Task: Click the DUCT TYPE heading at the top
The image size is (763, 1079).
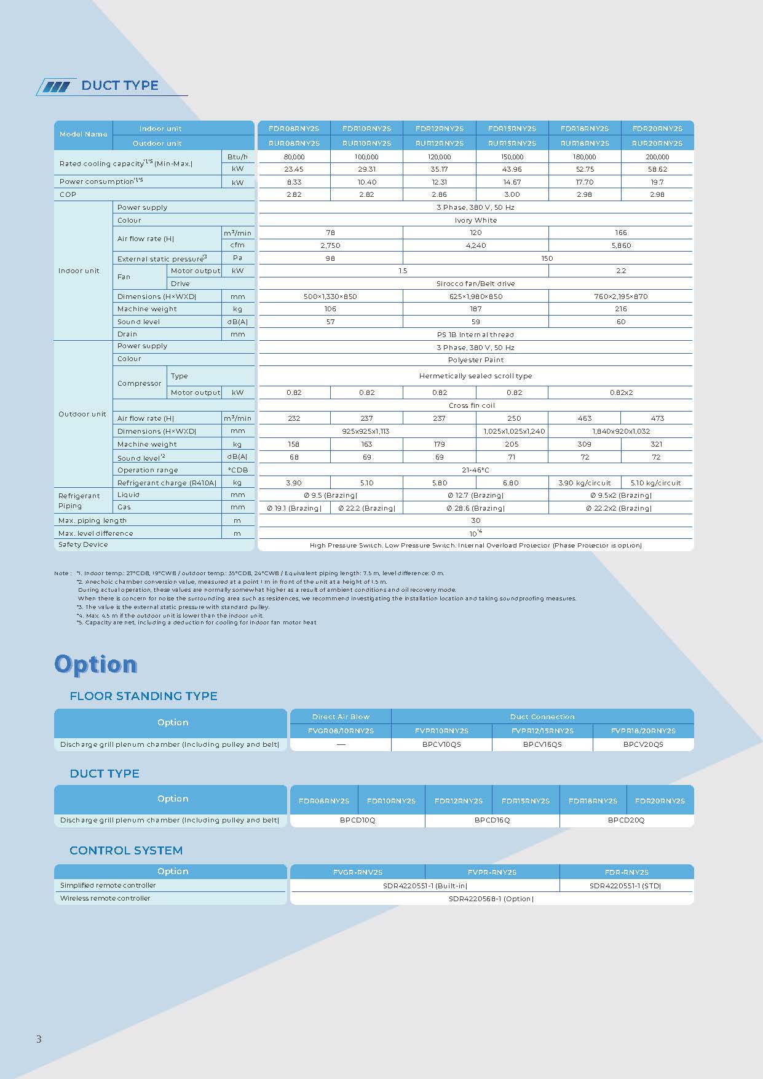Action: point(120,86)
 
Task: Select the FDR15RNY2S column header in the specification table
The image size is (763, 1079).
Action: point(512,129)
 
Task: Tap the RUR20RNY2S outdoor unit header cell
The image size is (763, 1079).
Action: point(657,143)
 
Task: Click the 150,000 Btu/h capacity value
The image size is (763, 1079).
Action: point(512,157)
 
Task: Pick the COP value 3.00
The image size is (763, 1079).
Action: point(512,194)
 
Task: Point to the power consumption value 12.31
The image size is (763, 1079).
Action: point(439,182)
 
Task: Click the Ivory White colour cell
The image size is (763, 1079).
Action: point(475,220)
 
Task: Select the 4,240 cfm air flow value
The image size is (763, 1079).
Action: point(475,245)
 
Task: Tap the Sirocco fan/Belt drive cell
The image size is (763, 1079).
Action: point(475,284)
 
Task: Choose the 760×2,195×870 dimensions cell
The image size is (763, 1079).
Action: point(620,297)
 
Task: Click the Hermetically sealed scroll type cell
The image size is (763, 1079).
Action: point(475,376)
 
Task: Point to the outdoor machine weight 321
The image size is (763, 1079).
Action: point(657,444)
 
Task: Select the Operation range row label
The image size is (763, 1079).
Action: point(148,470)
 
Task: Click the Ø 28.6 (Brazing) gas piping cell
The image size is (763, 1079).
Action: point(475,508)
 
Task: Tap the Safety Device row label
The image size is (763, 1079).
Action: point(83,544)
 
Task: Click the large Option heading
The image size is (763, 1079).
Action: point(95,664)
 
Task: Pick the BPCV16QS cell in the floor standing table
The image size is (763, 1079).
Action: point(542,744)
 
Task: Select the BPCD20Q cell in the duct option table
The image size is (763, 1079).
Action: point(626,820)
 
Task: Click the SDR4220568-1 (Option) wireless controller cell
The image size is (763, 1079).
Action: point(491,899)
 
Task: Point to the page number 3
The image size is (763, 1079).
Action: point(39,1039)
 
